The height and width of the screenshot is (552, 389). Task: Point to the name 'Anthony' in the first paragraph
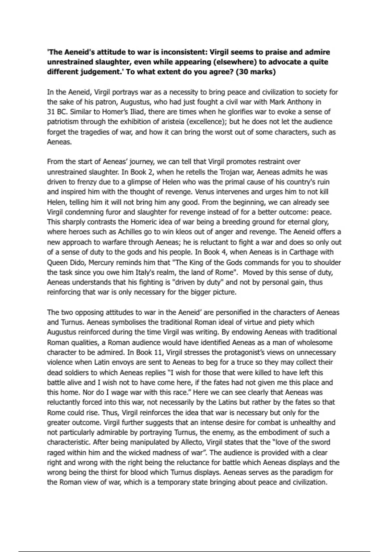pyautogui.click(x=302, y=102)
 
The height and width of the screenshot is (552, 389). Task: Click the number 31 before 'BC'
pyautogui.click(x=51, y=112)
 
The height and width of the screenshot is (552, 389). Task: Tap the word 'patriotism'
pyautogui.click(x=63, y=122)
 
